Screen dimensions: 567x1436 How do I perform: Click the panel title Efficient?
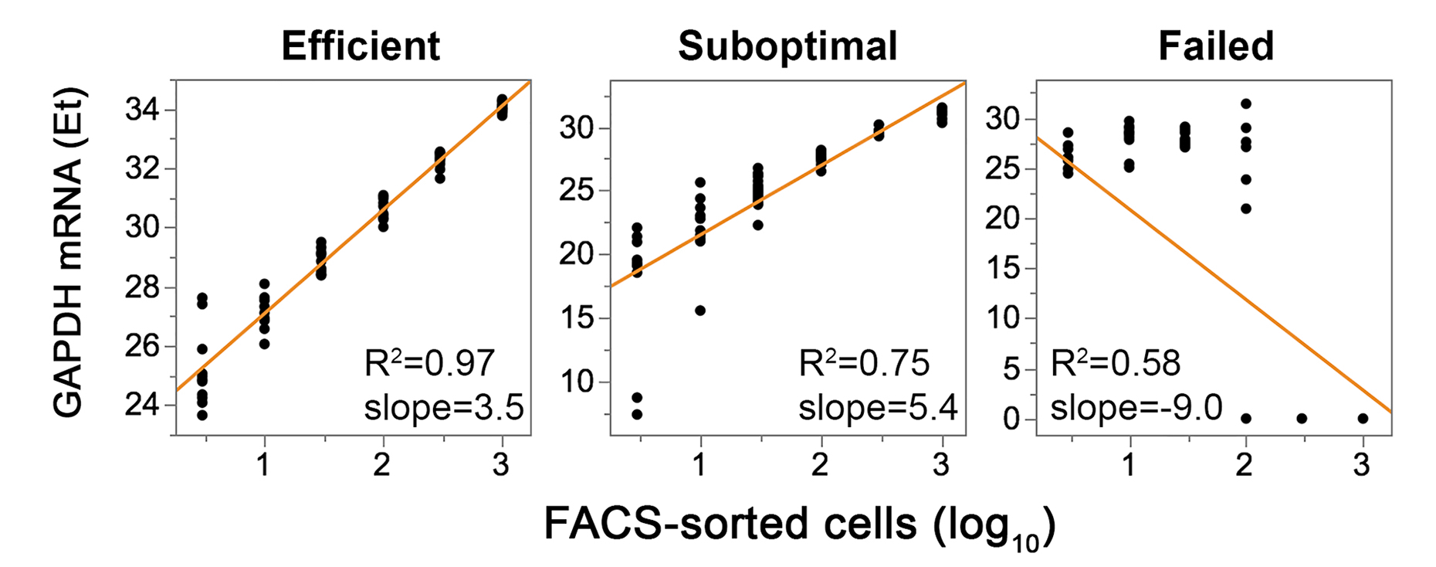361,46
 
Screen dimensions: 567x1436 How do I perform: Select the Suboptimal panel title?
787,46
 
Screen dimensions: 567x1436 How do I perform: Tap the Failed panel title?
1216,46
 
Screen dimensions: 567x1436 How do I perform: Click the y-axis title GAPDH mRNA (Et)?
69,253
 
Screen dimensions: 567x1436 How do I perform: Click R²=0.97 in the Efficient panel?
429,362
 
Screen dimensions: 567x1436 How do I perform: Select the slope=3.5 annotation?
444,406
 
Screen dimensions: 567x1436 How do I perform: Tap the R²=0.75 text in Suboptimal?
864,362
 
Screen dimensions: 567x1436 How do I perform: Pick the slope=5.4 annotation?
878,406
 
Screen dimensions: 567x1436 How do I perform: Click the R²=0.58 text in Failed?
1116,362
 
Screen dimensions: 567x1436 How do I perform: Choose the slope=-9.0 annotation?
1136,406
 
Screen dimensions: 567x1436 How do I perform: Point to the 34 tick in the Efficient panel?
142,110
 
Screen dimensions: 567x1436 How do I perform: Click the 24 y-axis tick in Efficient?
142,403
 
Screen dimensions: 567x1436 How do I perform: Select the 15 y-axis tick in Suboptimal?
577,317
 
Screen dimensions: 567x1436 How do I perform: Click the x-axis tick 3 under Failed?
1362,464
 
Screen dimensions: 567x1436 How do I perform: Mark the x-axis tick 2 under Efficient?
382,464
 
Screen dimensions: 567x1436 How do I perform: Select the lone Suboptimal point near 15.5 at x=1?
700,311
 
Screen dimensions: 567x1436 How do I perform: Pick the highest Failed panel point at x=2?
1245,104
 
